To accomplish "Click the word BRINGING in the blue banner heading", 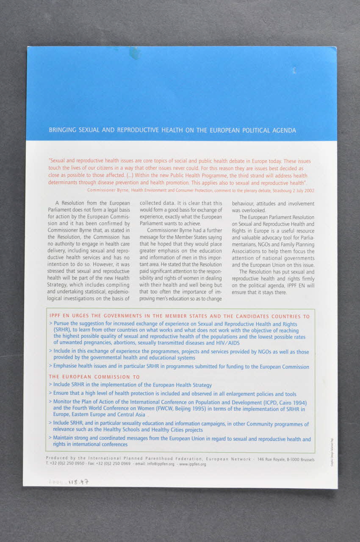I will point(62,130).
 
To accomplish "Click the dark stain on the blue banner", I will point(136,53).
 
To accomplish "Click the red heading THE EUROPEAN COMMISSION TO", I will point(94,376).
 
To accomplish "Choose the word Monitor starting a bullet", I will point(64,402).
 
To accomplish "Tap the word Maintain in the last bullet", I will point(64,439).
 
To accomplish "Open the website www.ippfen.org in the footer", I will point(193,464).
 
